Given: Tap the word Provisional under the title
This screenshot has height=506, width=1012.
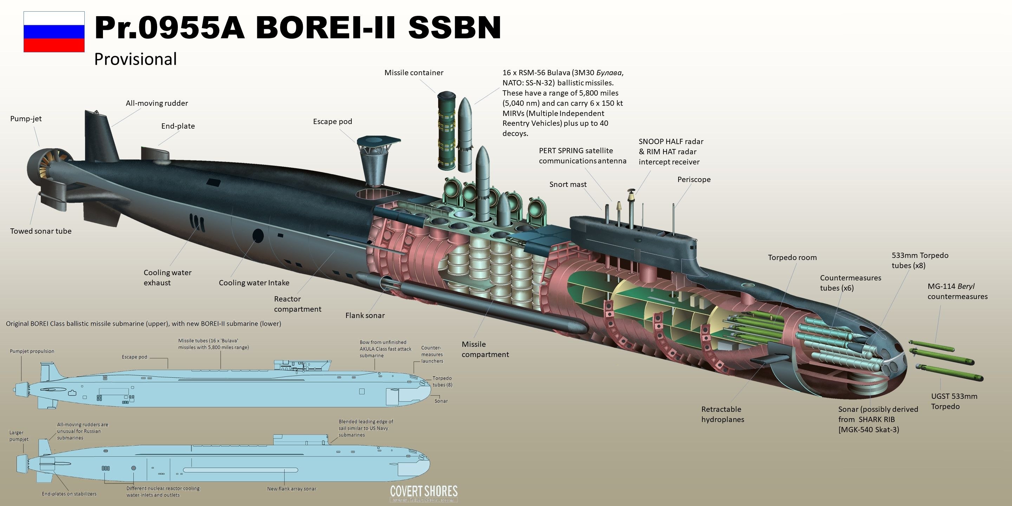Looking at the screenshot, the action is [136, 59].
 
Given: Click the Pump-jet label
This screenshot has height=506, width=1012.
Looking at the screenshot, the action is [26, 119].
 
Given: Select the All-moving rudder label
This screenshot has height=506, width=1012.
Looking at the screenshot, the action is [157, 103].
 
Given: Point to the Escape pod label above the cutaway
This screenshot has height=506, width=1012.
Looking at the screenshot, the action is [332, 121].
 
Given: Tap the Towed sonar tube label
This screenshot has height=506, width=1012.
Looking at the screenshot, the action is [41, 231].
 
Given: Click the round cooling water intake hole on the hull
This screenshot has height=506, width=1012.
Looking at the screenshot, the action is [258, 235].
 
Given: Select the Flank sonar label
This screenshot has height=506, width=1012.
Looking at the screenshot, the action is [365, 316].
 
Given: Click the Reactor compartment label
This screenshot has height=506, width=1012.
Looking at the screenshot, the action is [297, 304].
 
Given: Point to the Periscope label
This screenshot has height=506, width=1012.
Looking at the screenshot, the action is [694, 180].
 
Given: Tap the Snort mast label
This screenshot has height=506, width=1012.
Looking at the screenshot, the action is [568, 184].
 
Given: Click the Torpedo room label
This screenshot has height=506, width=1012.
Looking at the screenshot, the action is [792, 258].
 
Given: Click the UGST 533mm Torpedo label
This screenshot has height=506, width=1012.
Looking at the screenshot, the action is [954, 401].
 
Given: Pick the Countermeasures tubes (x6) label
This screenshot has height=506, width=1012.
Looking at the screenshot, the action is [850, 283].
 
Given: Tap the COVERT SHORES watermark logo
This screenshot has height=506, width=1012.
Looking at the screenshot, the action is [423, 492].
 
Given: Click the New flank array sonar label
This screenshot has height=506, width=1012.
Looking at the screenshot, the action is [292, 489].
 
